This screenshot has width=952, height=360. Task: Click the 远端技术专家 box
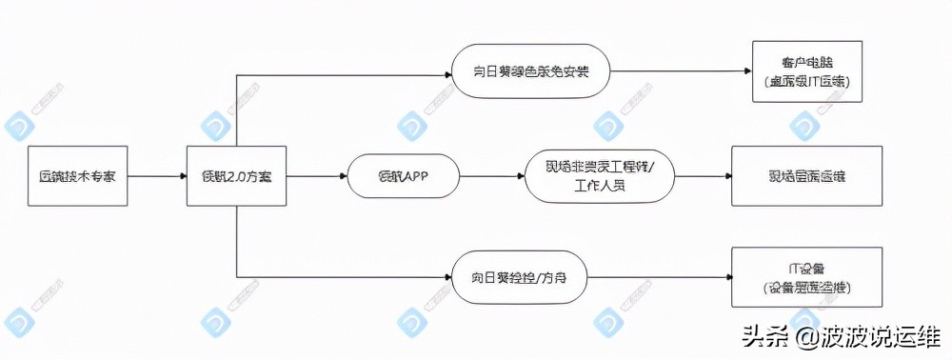point(77,176)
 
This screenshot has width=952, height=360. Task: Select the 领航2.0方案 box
point(236,176)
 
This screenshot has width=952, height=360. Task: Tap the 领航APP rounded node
point(405,176)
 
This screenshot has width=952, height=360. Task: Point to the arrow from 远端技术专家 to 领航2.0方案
point(156,176)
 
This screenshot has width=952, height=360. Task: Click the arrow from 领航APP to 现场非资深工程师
point(492,176)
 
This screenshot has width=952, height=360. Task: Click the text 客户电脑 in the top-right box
point(807,63)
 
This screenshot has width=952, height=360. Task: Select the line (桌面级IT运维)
point(807,83)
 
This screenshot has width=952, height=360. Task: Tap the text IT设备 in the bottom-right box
point(807,268)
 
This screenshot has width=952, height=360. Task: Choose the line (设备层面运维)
point(807,288)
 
